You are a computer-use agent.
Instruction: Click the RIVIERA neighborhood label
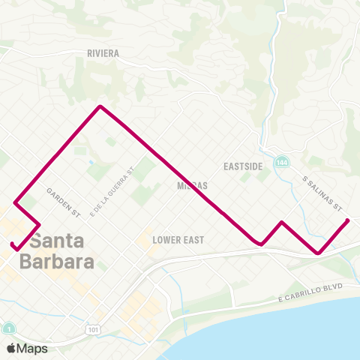pos(103,53)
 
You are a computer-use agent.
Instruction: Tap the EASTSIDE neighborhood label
pos(243,166)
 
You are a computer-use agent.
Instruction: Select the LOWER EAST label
pos(178,240)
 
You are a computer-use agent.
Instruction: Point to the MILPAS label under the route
pos(192,184)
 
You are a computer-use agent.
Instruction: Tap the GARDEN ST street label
pos(63,202)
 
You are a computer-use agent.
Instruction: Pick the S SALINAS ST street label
pos(322,193)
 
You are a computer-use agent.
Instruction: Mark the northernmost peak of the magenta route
pos(100,106)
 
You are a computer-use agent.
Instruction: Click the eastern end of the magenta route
pos(349,220)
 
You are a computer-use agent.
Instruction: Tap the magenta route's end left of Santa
pos(12,244)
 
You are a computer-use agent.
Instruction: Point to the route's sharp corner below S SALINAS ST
pos(319,253)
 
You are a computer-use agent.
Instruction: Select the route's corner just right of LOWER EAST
pos(259,244)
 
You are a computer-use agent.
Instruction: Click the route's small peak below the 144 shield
pos(281,222)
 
